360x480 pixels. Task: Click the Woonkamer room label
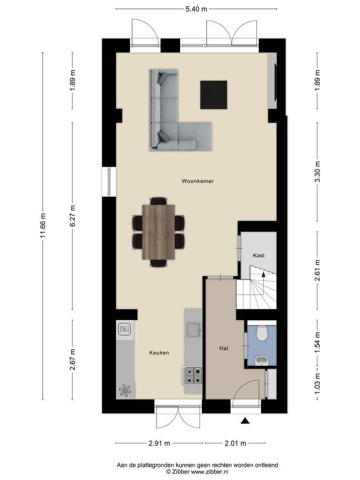coord(197,181)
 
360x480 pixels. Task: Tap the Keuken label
coord(159,352)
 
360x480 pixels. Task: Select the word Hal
coord(224,348)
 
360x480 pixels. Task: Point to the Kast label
coord(259,255)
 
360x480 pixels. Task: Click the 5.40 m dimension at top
coord(196,9)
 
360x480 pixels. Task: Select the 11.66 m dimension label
coord(43,226)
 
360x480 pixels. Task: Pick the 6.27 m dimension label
coord(72,216)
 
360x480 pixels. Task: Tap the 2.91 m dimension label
coord(159,443)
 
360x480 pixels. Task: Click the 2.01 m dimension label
coord(236,443)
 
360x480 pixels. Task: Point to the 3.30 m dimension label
coord(317,172)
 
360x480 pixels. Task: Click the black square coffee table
coord(214,95)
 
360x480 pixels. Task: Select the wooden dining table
coord(159,232)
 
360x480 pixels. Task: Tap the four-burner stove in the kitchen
coord(192,376)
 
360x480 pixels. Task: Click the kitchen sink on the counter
coord(194,329)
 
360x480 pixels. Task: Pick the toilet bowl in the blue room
coord(262,333)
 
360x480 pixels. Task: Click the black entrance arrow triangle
coord(245,421)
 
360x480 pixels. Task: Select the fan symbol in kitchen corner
coord(125,390)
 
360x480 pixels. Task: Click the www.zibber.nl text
coord(210,472)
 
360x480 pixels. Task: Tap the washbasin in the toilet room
coord(262,360)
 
